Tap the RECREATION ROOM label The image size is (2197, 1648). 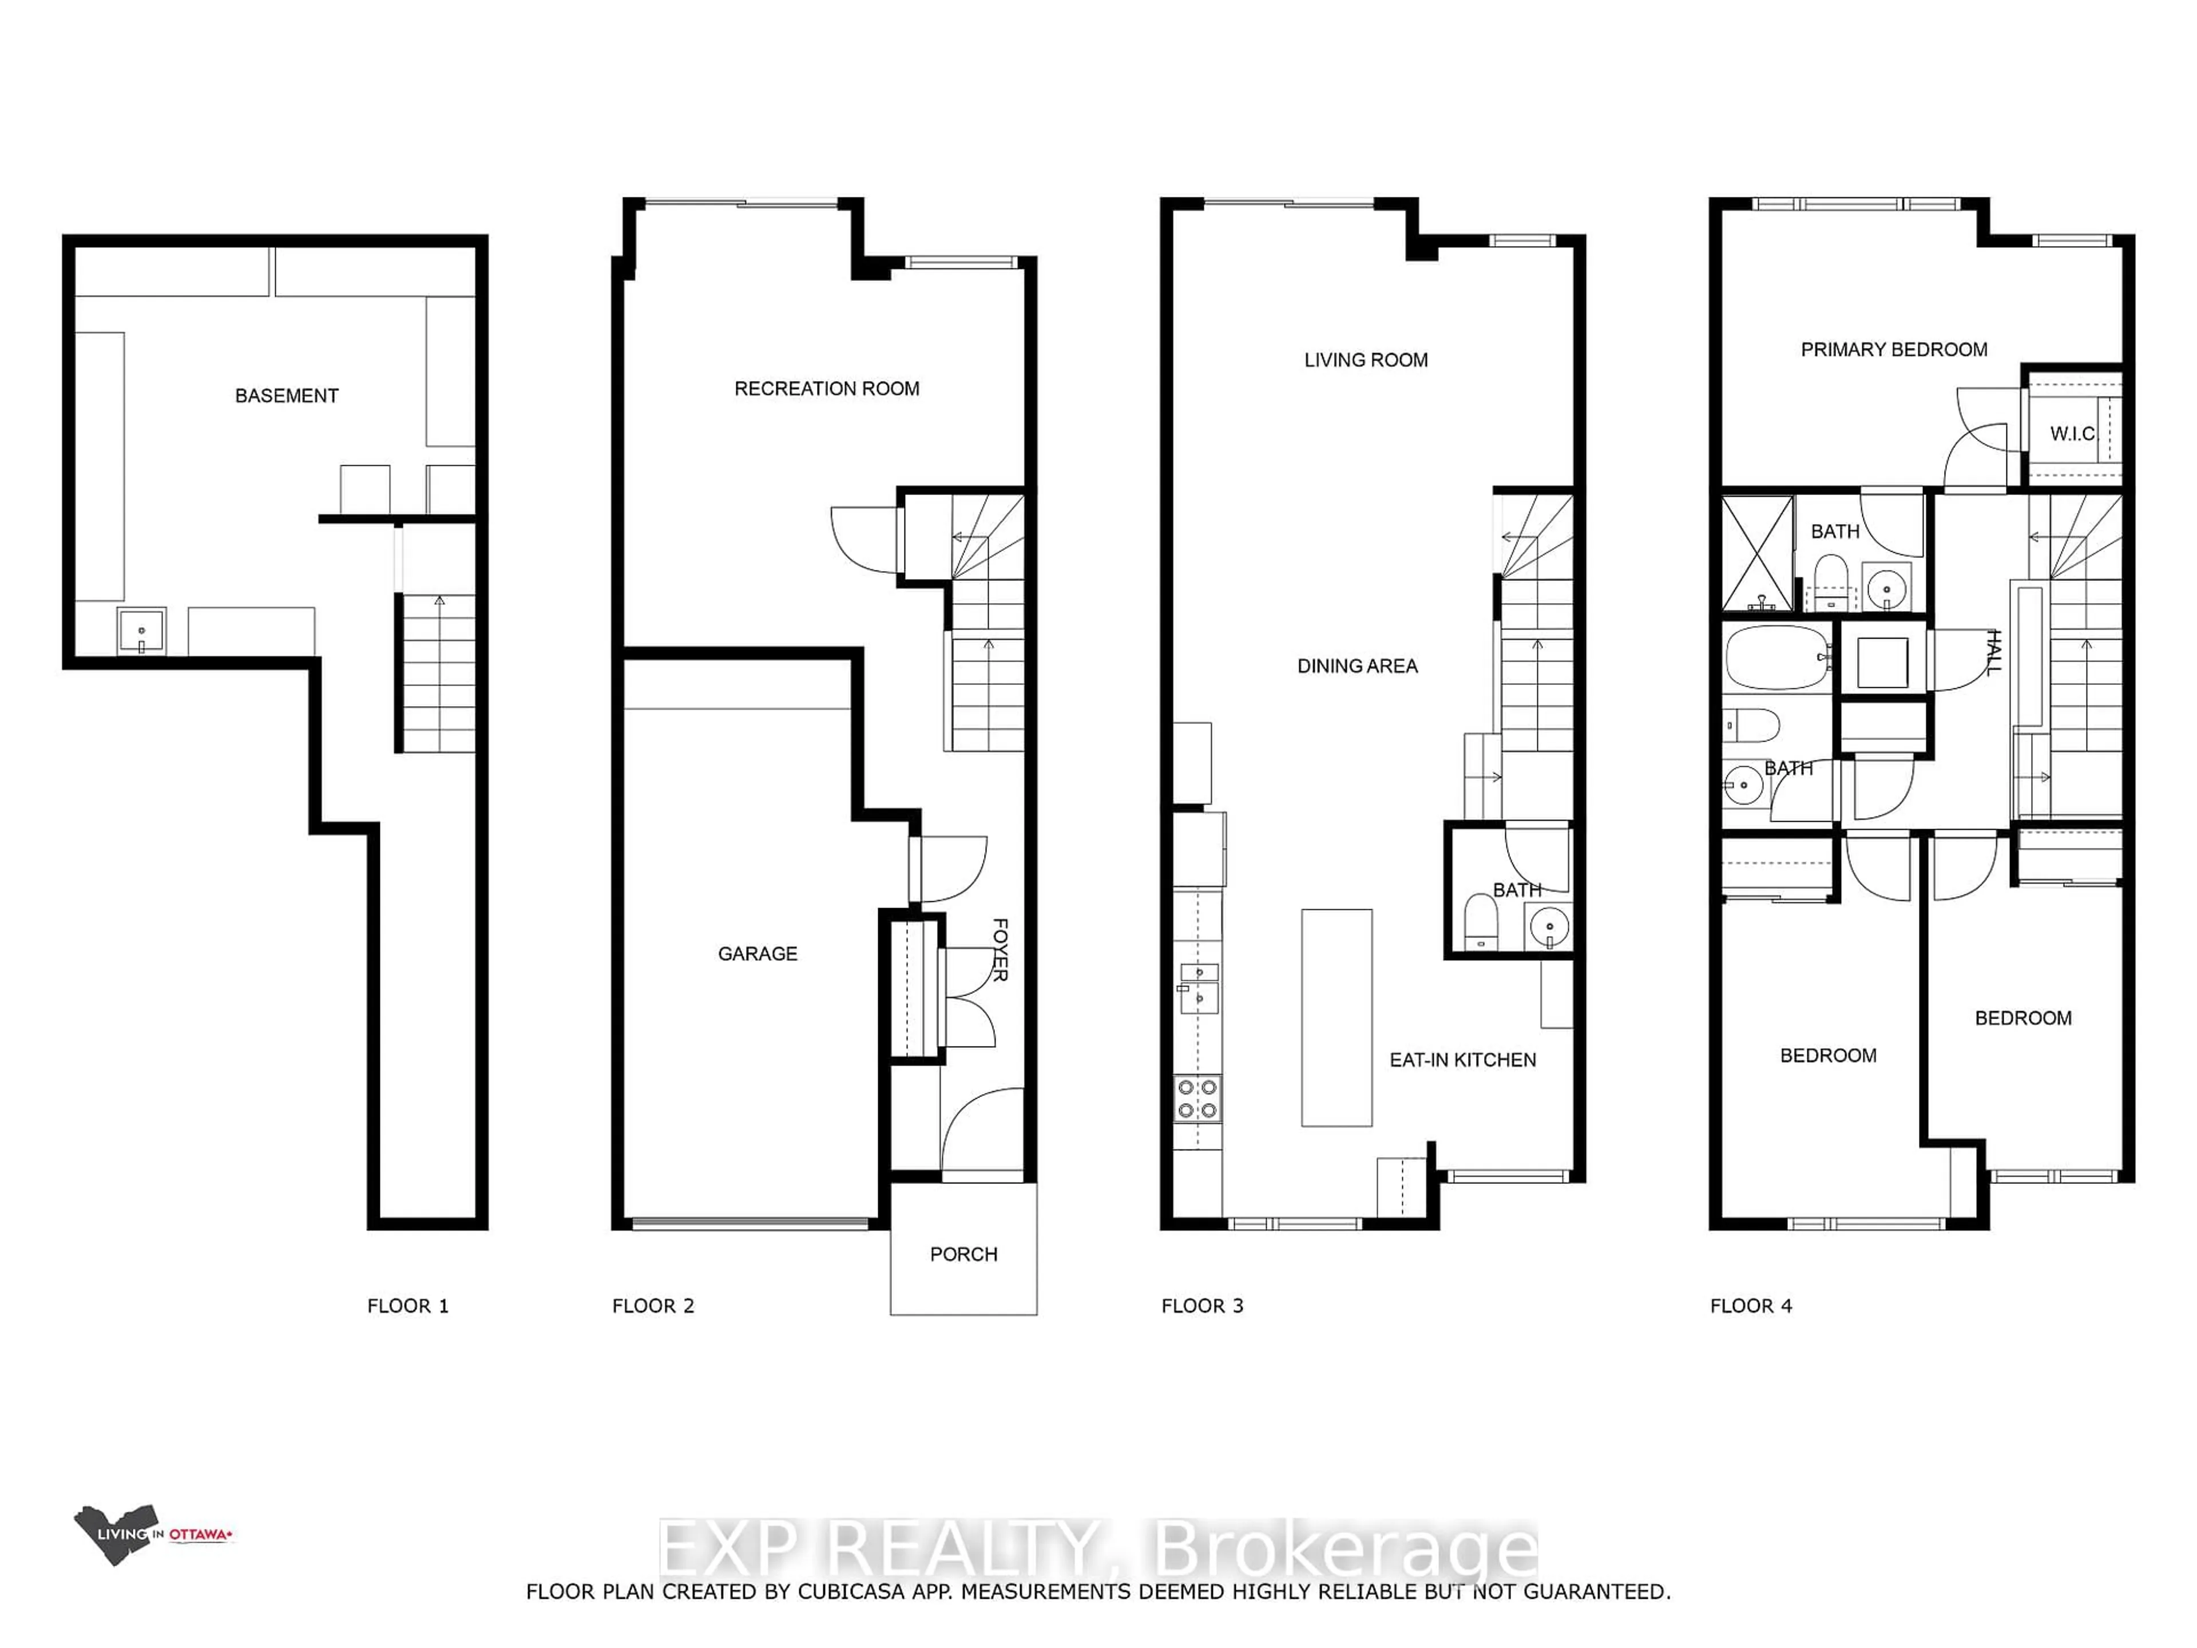826,389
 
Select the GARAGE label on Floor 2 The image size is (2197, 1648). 757,954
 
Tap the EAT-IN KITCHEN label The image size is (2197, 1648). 1462,1060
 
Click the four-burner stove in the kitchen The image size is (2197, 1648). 1197,1099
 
